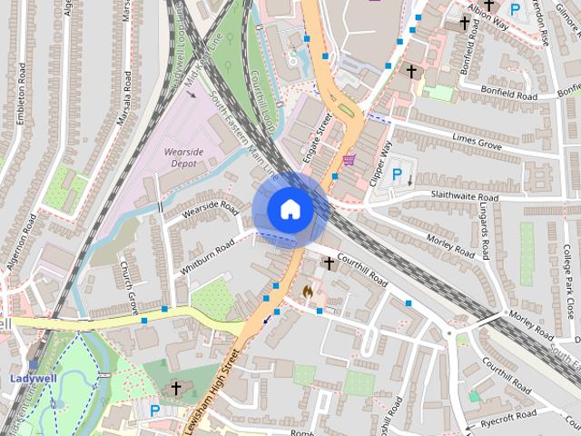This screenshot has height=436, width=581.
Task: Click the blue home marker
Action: pyautogui.click(x=289, y=209)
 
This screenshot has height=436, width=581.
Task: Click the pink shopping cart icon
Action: pyautogui.click(x=349, y=160)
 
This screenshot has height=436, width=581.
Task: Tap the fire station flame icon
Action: pyautogui.click(x=308, y=291)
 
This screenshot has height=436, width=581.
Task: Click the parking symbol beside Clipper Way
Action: pyautogui.click(x=396, y=173)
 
